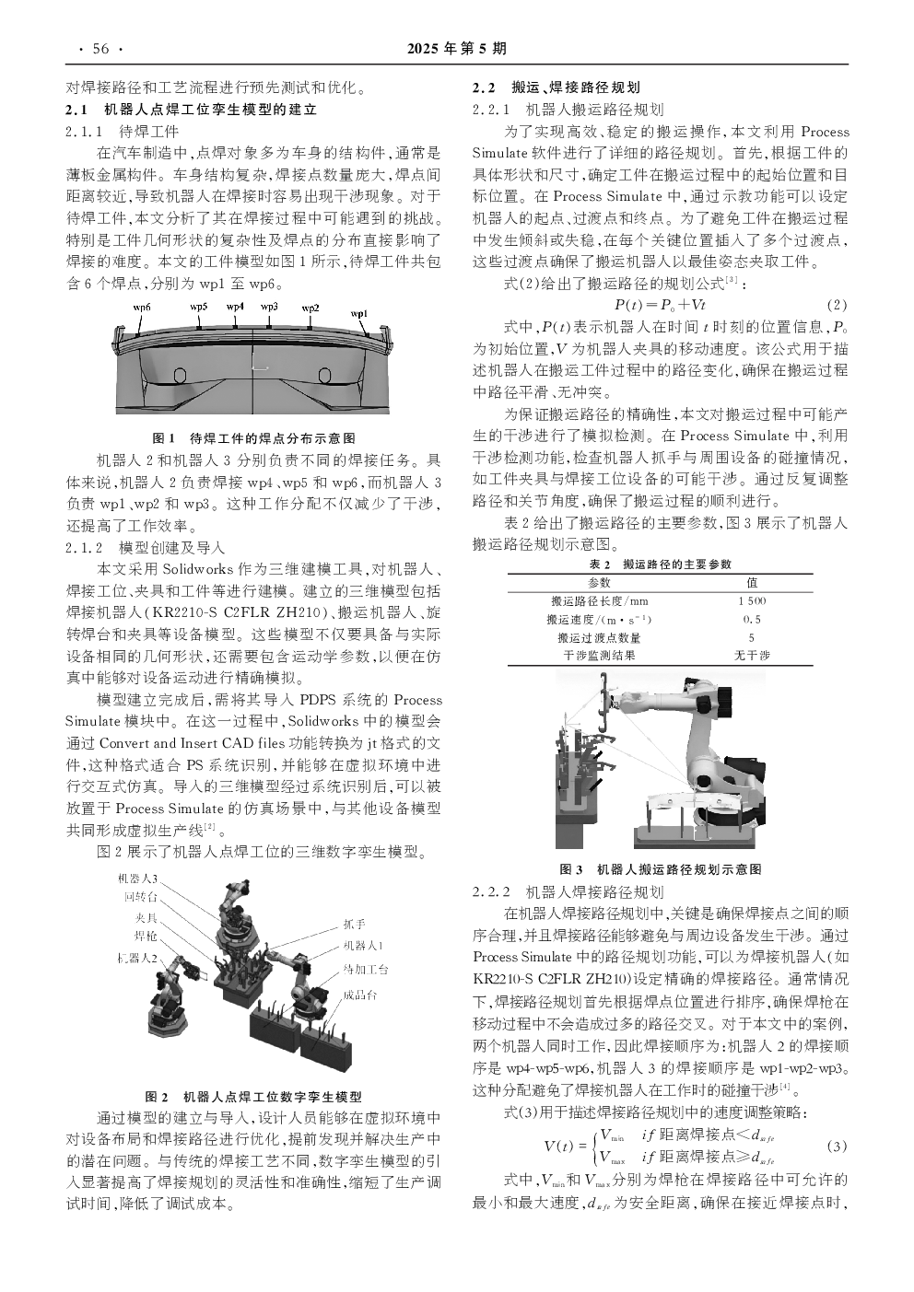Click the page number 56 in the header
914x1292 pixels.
(x=100, y=49)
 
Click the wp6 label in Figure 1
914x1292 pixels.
(x=142, y=308)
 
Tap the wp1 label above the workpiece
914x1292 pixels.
(x=359, y=314)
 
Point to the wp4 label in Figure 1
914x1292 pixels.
(x=235, y=307)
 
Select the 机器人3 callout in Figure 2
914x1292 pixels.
(x=137, y=879)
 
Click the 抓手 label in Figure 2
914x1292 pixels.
(x=355, y=924)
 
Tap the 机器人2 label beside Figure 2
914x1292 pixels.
(x=137, y=958)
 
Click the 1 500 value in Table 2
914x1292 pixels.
(x=752, y=601)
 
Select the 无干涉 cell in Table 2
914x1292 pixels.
(x=752, y=656)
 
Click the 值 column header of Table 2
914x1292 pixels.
(x=752, y=583)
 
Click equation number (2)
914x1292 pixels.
(x=837, y=305)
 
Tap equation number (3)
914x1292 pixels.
(x=837, y=1146)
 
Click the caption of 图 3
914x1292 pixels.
(x=661, y=869)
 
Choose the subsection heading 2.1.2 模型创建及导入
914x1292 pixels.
(x=146, y=547)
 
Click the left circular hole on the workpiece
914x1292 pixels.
(x=180, y=376)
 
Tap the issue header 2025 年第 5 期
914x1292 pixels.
(x=457, y=49)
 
